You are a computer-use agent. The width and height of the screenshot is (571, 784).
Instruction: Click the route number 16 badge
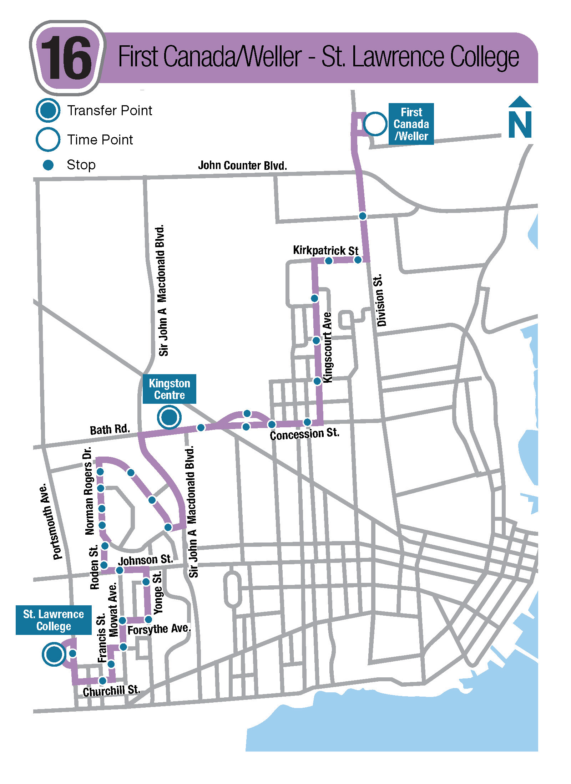(x=67, y=58)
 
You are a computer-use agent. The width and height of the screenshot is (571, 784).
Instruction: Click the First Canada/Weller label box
(x=411, y=124)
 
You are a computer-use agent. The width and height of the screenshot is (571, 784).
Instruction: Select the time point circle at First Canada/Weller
(x=375, y=124)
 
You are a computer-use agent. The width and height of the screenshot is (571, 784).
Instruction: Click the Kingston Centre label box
(x=169, y=389)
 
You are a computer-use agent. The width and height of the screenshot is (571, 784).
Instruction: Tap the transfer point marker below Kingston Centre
(x=169, y=417)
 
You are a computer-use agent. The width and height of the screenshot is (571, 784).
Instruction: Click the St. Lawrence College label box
(x=54, y=620)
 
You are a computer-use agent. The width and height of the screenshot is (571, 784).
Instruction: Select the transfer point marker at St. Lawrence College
(x=54, y=654)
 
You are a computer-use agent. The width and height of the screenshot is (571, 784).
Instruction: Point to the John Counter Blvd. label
(x=242, y=166)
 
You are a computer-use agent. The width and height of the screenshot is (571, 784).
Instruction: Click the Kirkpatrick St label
(x=325, y=250)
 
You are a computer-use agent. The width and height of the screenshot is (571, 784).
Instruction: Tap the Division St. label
(x=381, y=300)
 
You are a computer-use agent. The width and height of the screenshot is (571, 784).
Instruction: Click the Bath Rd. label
(x=110, y=429)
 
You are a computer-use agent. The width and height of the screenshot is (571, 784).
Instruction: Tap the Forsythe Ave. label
(x=159, y=629)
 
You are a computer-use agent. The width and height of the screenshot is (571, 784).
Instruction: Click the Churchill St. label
(x=111, y=691)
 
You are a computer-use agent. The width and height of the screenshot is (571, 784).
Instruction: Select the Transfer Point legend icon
(x=48, y=110)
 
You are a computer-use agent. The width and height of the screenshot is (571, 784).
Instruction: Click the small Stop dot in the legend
(x=48, y=165)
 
